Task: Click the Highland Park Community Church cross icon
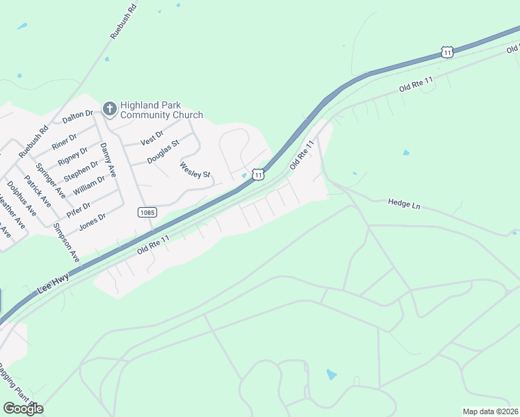(x=109, y=108)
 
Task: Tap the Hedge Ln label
(x=405, y=204)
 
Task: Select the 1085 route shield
(x=146, y=212)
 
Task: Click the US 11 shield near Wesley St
(x=258, y=175)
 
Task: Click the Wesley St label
(x=195, y=170)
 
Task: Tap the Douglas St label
(x=163, y=152)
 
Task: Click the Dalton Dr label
(x=77, y=117)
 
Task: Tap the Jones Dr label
(x=92, y=221)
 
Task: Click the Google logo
(x=23, y=409)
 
